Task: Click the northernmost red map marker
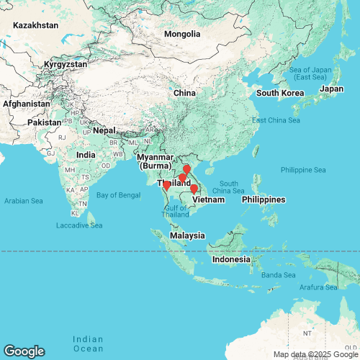(186, 169)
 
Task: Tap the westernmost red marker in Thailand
(166, 185)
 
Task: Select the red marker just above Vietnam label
(194, 189)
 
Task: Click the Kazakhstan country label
(34, 25)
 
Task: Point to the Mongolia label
(181, 34)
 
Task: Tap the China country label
(184, 93)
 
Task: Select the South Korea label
(279, 93)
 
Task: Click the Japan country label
(331, 89)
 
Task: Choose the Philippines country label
(264, 199)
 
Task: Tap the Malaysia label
(187, 235)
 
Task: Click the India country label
(86, 155)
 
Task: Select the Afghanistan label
(24, 104)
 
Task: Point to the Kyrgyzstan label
(66, 64)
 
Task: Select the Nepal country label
(104, 130)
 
